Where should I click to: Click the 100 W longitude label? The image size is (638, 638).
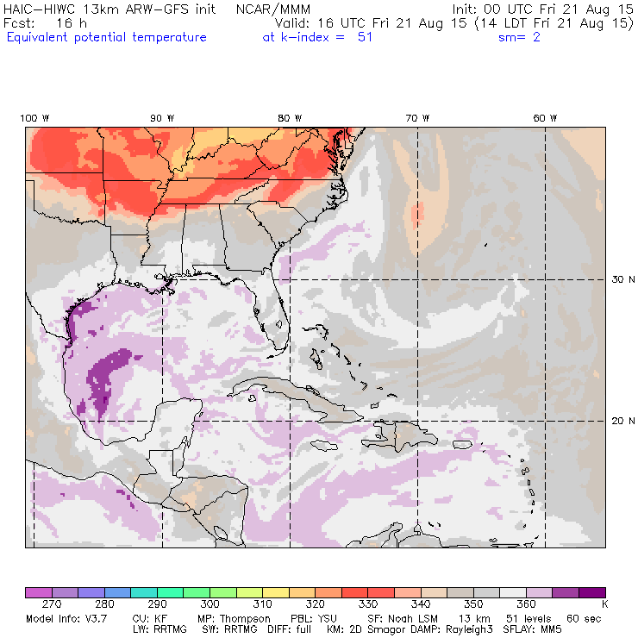click(x=35, y=118)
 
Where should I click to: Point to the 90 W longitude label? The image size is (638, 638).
click(x=162, y=118)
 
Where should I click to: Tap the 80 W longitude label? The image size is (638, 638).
click(x=290, y=118)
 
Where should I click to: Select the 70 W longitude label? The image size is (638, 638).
click(x=417, y=118)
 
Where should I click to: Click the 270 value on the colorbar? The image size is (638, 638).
click(x=64, y=605)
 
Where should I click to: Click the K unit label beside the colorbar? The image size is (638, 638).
click(x=604, y=605)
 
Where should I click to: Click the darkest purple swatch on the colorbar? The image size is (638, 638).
click(x=591, y=592)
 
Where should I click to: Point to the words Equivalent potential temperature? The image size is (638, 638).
click(x=106, y=37)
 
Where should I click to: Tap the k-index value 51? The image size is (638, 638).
click(x=365, y=37)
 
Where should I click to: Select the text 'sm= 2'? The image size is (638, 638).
click(x=519, y=37)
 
